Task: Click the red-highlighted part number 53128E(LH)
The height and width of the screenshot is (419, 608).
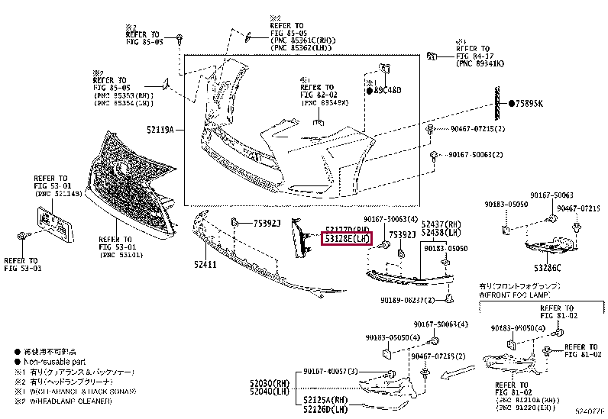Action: tap(347, 239)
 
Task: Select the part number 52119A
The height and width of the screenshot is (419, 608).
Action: tap(163, 131)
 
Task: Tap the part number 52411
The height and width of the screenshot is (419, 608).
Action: tap(206, 266)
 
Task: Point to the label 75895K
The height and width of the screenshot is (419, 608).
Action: tap(529, 104)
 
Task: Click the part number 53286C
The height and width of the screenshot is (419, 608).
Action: tap(548, 267)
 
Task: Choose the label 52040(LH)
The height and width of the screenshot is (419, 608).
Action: tap(271, 392)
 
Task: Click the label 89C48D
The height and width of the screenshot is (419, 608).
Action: tap(386, 91)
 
